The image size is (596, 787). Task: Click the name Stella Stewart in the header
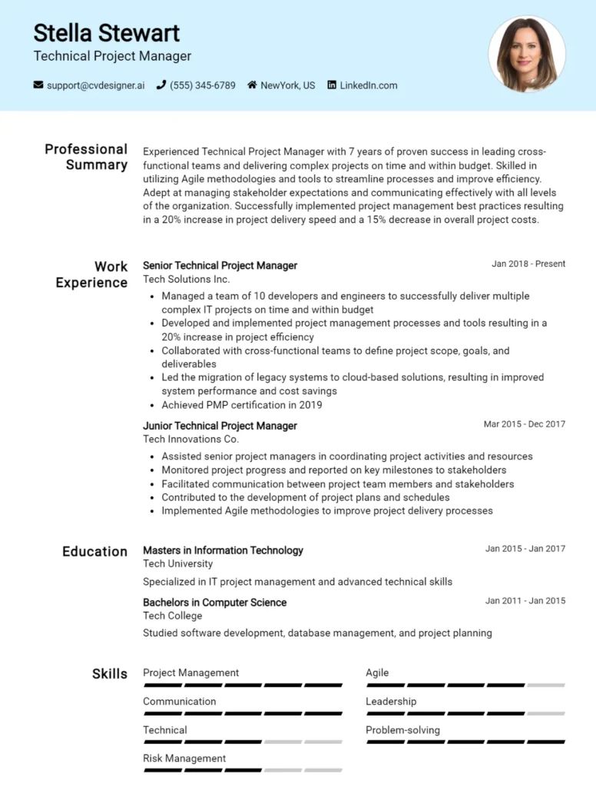(x=106, y=32)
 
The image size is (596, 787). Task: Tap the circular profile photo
(x=527, y=55)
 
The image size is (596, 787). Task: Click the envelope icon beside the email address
(x=38, y=85)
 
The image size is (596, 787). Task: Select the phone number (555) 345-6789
(x=202, y=85)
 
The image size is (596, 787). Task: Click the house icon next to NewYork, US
(x=252, y=85)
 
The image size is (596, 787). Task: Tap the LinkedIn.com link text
(x=369, y=85)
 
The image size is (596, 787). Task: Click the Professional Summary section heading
(x=86, y=157)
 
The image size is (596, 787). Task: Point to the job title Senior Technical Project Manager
(x=220, y=265)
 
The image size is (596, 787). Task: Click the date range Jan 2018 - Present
(x=528, y=264)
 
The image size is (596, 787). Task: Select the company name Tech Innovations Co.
(x=190, y=439)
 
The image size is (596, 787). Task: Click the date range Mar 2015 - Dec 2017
(x=525, y=424)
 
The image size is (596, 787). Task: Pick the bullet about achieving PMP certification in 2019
(x=241, y=405)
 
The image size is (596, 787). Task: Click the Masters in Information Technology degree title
(x=223, y=550)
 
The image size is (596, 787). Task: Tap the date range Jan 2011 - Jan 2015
(x=525, y=601)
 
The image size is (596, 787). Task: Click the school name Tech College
(x=173, y=616)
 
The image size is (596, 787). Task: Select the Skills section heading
(x=110, y=674)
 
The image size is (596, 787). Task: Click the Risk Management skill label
(x=184, y=759)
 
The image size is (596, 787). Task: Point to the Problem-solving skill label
(x=402, y=730)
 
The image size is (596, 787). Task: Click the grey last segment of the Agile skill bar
(x=546, y=685)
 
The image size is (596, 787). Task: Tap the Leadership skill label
(x=391, y=702)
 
